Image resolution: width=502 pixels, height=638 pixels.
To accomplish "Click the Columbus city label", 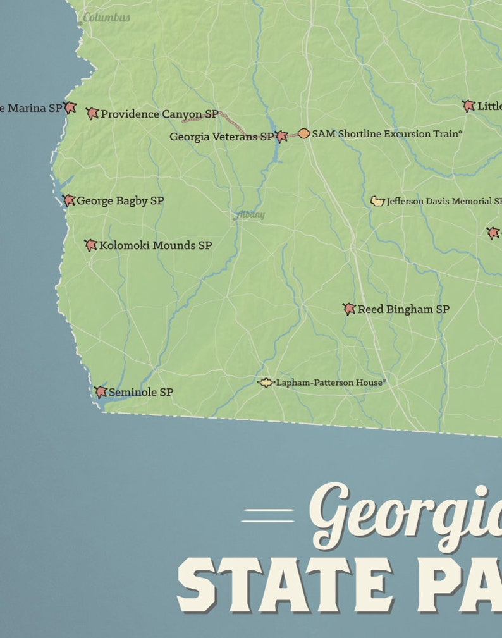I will coord(106,18).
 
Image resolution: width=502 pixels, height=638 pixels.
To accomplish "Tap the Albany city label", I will coord(250,215).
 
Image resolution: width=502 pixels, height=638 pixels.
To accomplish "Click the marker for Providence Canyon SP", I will coord(92,114).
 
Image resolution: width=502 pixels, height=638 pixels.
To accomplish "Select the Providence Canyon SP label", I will coord(159,114).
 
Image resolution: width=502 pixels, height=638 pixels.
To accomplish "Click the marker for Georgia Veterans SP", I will coord(281,136).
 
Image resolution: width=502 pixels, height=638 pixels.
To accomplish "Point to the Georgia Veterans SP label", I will coord(221,137).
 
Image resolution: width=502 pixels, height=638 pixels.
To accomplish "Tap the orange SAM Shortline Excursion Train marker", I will coord(304,133).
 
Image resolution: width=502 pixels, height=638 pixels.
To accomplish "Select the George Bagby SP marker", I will coord(69,200).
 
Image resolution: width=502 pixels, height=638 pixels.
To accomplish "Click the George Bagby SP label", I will coord(120,201).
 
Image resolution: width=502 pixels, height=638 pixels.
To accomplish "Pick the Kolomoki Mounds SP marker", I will coord(91,245).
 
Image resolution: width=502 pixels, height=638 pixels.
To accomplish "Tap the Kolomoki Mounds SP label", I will coord(156,245).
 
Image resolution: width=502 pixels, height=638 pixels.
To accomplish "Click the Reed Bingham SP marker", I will coord(349,309).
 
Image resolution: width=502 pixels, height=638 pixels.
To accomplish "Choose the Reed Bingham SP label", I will coord(403,309).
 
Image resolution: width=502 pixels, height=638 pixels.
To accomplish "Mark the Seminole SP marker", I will coord(101,392).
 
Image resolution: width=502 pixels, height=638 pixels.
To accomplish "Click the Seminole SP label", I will coord(140,393).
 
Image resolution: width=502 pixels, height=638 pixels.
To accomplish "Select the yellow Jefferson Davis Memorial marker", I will coord(377,201).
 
